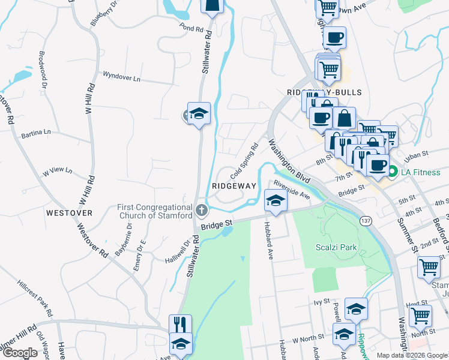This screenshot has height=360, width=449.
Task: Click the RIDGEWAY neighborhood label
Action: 234,186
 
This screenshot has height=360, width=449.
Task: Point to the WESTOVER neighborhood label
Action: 69,213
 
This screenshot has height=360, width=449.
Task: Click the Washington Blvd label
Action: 289,162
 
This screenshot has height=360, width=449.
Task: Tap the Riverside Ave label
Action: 291,188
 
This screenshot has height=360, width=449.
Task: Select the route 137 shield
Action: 364,221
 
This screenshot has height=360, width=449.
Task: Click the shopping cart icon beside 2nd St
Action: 429,267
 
